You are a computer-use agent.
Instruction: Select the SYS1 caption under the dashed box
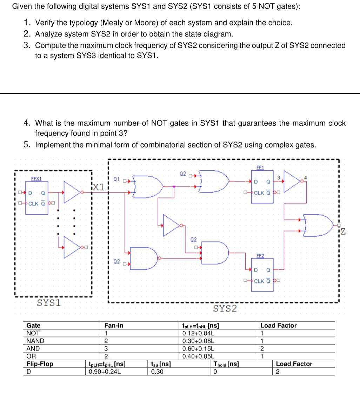(x=49, y=302)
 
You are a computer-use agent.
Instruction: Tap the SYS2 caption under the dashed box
(x=225, y=308)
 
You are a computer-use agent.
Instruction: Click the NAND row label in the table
(x=35, y=341)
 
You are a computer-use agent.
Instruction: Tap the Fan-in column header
(x=114, y=325)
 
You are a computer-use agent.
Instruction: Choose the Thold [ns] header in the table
(x=226, y=364)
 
